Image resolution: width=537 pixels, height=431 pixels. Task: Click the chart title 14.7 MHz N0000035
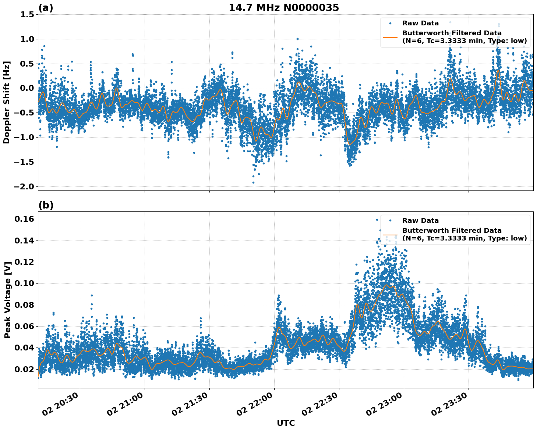[x=283, y=8]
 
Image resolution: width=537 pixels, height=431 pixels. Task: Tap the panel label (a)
[x=46, y=8]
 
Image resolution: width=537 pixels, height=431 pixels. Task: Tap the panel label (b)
[x=46, y=205]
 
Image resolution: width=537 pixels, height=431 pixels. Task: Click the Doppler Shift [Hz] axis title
[x=7, y=102]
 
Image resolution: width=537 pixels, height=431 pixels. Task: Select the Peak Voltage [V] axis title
[x=7, y=300]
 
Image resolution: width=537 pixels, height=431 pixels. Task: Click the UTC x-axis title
[x=286, y=423]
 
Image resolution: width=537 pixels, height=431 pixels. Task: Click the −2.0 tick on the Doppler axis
[x=24, y=187]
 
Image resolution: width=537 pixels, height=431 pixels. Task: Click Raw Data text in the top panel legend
[x=420, y=23]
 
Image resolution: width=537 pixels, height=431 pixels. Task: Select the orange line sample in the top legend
[x=390, y=37]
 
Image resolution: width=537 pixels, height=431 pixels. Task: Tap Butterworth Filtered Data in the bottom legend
[x=452, y=231]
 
